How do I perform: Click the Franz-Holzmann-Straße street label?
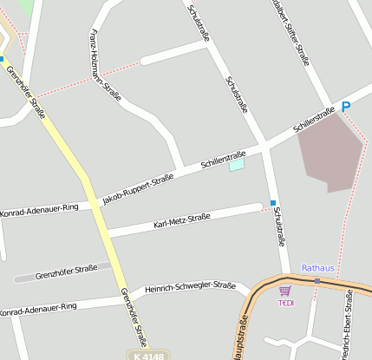pyautogui.click(x=105, y=65)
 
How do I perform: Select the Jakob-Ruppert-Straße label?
pyautogui.click(x=138, y=188)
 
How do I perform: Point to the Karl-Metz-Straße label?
pyautogui.click(x=182, y=220)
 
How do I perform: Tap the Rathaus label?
pyautogui.click(x=317, y=268)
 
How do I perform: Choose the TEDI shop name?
pyautogui.click(x=285, y=302)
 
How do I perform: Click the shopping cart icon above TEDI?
pyautogui.click(x=284, y=291)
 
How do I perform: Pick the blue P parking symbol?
pyautogui.click(x=346, y=108)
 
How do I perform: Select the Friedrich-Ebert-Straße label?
pyautogui.click(x=348, y=325)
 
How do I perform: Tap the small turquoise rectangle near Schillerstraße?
pyautogui.click(x=237, y=164)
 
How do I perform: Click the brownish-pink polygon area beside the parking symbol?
pyautogui.click(x=330, y=151)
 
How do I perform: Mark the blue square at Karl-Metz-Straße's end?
pyautogui.click(x=272, y=203)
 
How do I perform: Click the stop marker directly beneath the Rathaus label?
pyautogui.click(x=318, y=281)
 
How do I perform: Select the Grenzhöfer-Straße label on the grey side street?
pyautogui.click(x=66, y=272)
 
